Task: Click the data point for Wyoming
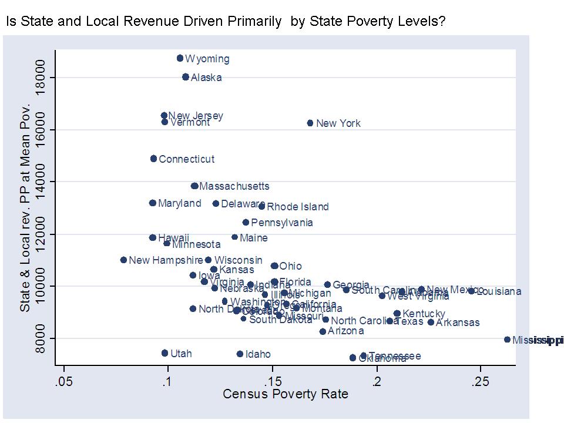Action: tap(180, 58)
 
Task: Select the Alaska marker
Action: tap(186, 77)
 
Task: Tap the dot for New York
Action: tap(310, 123)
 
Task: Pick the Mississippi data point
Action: tap(507, 340)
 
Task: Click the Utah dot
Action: tap(164, 353)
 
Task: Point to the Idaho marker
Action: tap(240, 354)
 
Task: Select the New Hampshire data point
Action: tap(123, 260)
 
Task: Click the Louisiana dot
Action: tap(471, 291)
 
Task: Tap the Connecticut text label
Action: tap(186, 159)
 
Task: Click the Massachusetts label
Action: tap(234, 186)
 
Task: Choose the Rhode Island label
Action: tap(298, 207)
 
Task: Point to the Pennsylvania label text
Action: tap(282, 223)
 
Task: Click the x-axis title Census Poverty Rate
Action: tap(286, 394)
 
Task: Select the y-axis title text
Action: tap(25, 209)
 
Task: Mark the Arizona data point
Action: tap(323, 331)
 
